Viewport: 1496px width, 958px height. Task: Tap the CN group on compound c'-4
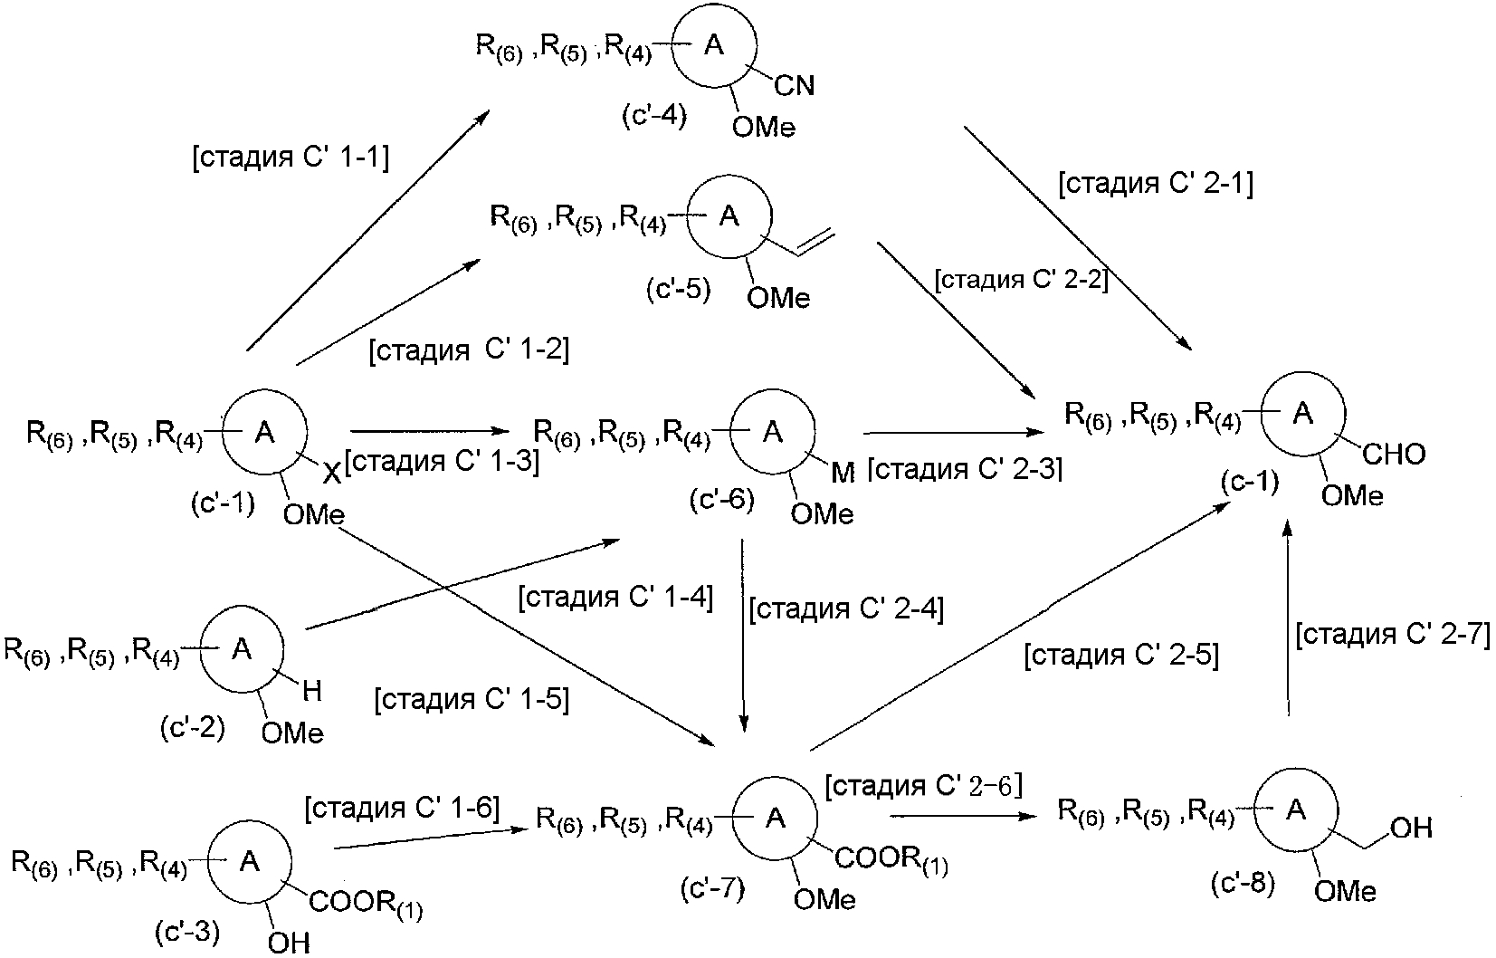(x=795, y=86)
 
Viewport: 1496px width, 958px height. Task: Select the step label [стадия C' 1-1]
(x=291, y=158)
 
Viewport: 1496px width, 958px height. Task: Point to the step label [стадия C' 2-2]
(x=1022, y=280)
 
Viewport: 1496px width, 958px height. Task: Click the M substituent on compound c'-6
(x=842, y=474)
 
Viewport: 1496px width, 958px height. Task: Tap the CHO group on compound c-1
(x=1394, y=454)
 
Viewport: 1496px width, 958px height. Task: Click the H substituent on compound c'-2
(x=311, y=693)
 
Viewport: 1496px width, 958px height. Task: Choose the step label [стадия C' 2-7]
(x=1392, y=634)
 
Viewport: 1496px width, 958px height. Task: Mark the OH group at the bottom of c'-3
(x=289, y=943)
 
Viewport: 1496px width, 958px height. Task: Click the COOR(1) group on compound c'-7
(x=891, y=859)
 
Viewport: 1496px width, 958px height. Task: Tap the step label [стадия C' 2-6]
(x=923, y=786)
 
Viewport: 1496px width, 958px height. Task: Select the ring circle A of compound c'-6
(x=772, y=433)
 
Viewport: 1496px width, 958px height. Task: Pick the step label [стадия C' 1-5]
(x=472, y=700)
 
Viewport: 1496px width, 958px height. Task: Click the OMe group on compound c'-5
(x=777, y=297)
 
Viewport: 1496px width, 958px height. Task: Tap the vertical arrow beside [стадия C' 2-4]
(x=743, y=634)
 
